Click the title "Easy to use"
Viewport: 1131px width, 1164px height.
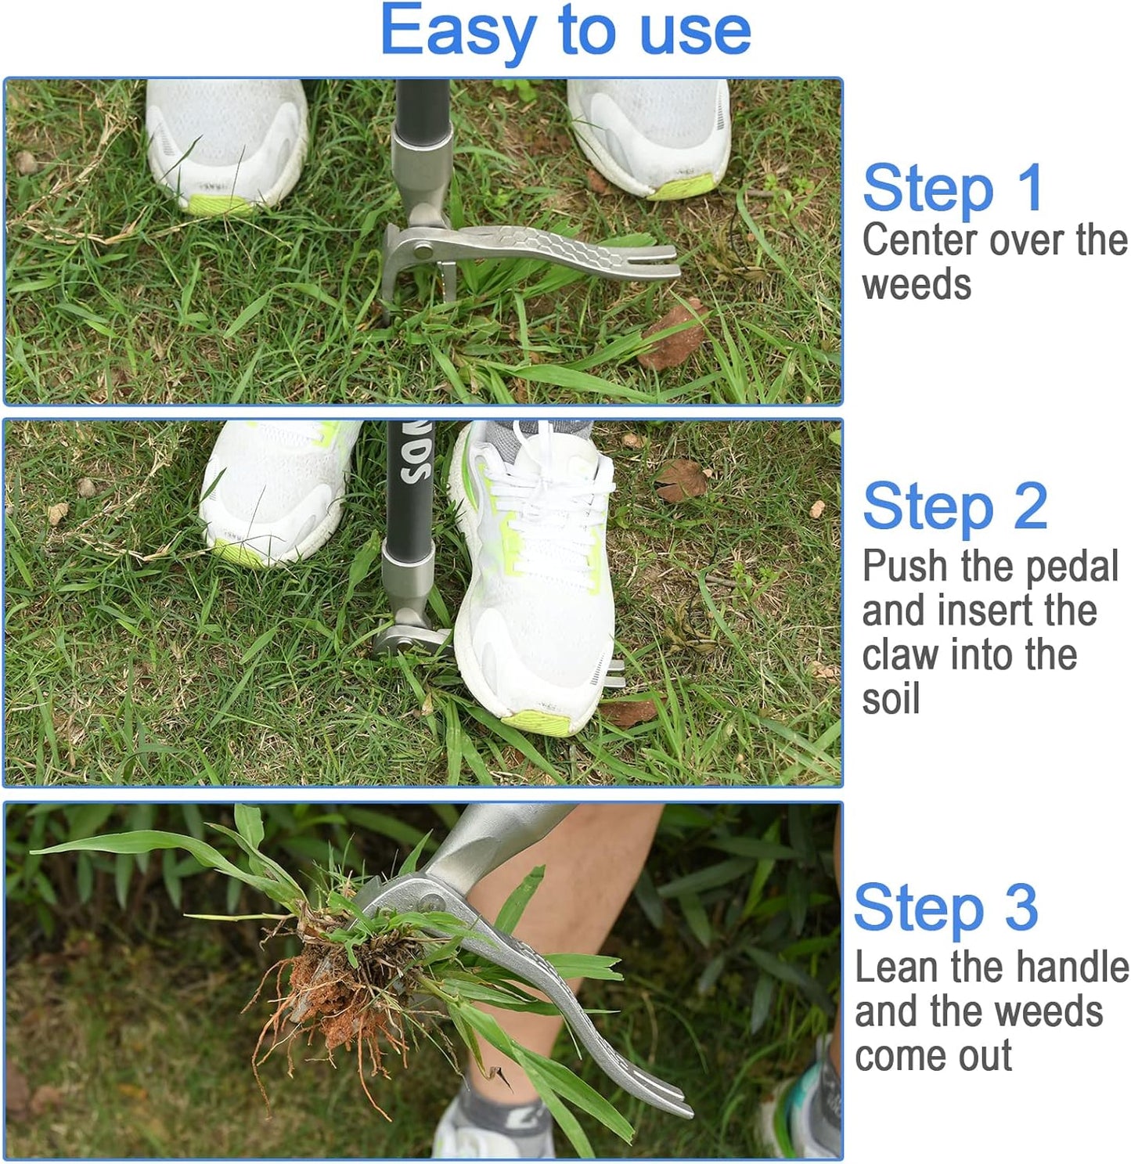[x=565, y=31]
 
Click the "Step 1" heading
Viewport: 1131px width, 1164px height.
[x=953, y=189]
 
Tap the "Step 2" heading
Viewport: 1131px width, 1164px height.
[x=955, y=507]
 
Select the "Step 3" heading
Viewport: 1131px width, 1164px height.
[x=946, y=908]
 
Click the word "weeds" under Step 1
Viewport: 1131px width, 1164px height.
[x=917, y=284]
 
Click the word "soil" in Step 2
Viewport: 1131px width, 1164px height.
[x=891, y=698]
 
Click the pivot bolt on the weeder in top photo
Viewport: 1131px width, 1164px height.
[x=423, y=250]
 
